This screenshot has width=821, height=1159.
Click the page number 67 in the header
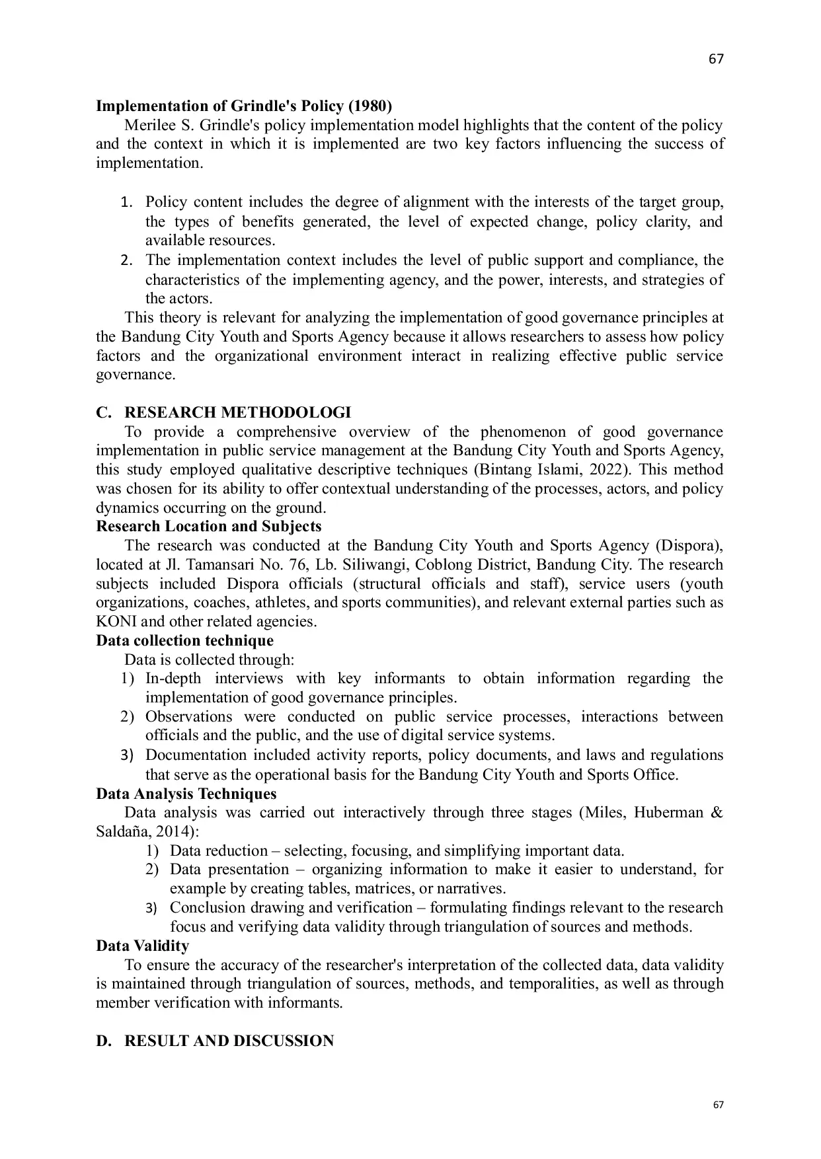716,59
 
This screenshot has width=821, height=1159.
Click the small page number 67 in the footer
719,1105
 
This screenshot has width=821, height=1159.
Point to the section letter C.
102,413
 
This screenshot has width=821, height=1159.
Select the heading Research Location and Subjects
208,527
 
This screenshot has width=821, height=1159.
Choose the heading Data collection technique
184,641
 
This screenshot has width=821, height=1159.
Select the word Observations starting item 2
188,717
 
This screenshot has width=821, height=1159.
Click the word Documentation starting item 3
196,755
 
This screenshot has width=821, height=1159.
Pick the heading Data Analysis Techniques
186,794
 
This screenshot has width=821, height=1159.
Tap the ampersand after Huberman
716,813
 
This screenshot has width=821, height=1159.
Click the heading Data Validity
142,946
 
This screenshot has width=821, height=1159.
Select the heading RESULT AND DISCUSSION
229,1041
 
